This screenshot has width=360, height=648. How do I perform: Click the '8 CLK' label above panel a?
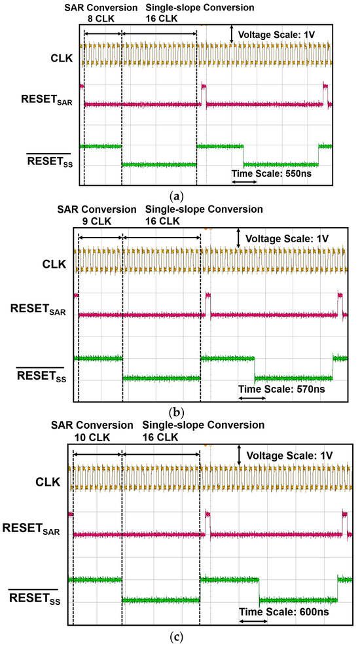pos(100,19)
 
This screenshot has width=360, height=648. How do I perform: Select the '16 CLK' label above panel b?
pos(161,221)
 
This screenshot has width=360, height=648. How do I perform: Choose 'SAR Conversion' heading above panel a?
pos(101,8)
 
